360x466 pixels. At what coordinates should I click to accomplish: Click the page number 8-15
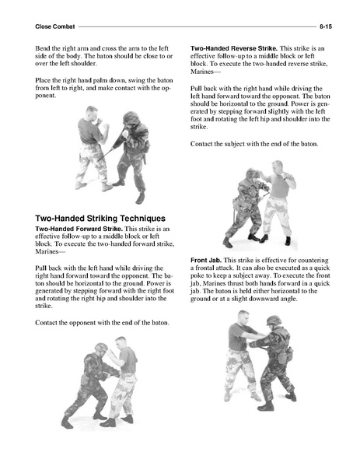pyautogui.click(x=326, y=26)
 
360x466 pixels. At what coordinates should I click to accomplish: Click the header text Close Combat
pyautogui.click(x=55, y=26)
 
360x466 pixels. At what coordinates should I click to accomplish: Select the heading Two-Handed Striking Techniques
pyautogui.click(x=100, y=219)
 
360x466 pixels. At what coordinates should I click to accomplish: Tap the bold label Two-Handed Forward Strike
pyautogui.click(x=79, y=229)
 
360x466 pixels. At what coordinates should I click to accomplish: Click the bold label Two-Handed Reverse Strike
pyautogui.click(x=234, y=48)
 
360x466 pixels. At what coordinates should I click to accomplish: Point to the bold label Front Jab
pyautogui.click(x=206, y=261)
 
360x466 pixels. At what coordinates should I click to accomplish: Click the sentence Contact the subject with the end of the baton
pyautogui.click(x=254, y=144)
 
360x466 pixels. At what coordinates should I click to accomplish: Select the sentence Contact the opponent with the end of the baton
pyautogui.click(x=102, y=323)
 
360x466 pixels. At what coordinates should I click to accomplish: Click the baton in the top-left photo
pyautogui.click(x=104, y=155)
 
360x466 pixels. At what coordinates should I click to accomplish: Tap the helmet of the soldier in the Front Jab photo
pyautogui.click(x=274, y=321)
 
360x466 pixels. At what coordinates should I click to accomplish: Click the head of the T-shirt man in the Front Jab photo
pyautogui.click(x=243, y=317)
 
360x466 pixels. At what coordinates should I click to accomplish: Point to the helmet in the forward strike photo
pyautogui.click(x=101, y=347)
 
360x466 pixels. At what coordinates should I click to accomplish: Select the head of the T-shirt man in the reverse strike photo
pyautogui.click(x=278, y=167)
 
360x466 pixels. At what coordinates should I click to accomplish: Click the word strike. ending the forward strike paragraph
pyautogui.click(x=44, y=306)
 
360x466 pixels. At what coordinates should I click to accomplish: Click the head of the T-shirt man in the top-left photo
pyautogui.click(x=92, y=112)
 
